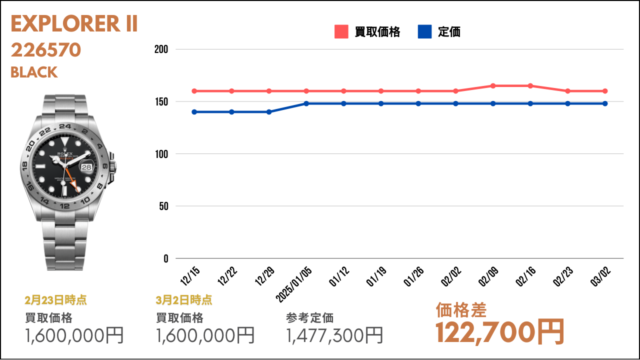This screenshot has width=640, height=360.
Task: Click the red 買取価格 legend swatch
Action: coord(341,32)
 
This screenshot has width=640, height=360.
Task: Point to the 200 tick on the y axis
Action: coord(161,49)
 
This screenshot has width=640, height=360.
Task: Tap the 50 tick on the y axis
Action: coord(163,206)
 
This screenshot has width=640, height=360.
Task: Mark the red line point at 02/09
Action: coord(493,86)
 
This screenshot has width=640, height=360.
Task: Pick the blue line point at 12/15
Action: coord(194,112)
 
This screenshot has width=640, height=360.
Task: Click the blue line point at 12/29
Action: coord(269,112)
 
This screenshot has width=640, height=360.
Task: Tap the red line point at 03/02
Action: coord(605,91)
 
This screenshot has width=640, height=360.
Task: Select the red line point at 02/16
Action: coord(530,86)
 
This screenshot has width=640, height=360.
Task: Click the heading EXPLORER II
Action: coord(74,24)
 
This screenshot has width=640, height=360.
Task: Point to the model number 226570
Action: coord(45,50)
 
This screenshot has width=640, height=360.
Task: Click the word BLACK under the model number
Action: coord(34,72)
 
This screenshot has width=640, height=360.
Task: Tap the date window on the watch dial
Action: coord(87,167)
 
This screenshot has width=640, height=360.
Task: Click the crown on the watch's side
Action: coord(112,165)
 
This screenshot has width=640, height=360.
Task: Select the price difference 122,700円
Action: coord(500,331)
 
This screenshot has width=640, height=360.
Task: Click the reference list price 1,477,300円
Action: coord(335,335)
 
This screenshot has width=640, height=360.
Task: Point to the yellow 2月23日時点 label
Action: coord(55,300)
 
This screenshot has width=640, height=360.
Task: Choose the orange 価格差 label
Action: coord(461,310)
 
